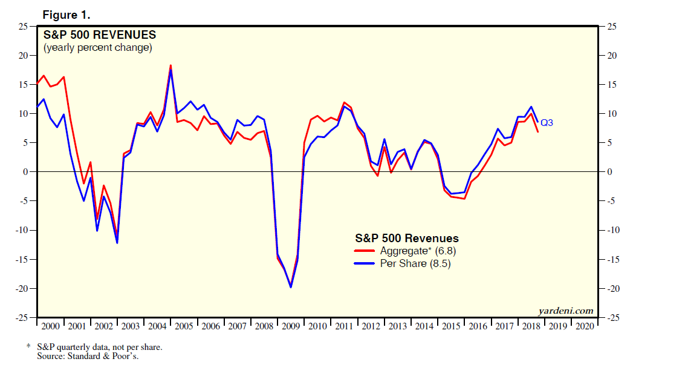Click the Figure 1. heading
click(67, 15)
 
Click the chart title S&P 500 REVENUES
click(100, 35)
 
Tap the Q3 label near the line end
click(547, 123)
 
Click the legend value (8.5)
click(440, 264)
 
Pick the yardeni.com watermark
click(566, 311)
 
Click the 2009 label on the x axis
click(291, 326)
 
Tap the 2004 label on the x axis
click(157, 326)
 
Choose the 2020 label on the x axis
click(585, 326)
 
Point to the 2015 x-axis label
click(451, 326)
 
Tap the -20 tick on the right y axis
click(612, 288)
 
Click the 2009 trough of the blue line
click(291, 287)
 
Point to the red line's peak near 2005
click(170, 65)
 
